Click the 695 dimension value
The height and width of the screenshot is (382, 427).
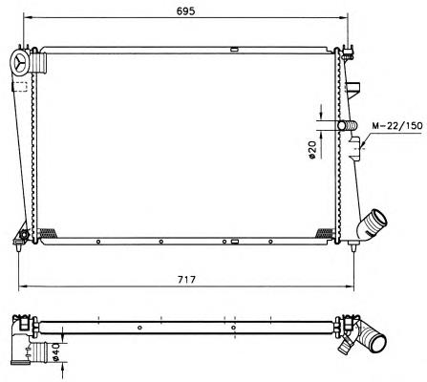[x=185, y=11]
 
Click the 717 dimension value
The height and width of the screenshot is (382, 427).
[x=186, y=280]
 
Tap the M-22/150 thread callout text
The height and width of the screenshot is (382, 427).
[x=397, y=125]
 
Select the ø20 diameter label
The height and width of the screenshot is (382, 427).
[x=312, y=150]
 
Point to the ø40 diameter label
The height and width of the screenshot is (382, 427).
[x=56, y=352]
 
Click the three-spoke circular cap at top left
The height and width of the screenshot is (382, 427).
[x=20, y=63]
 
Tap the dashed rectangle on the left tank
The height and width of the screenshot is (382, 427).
[x=20, y=87]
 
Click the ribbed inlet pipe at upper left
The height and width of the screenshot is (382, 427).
[x=39, y=63]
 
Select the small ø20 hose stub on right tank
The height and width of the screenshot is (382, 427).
[x=348, y=125]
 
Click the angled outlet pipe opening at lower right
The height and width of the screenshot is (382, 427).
[x=378, y=219]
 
